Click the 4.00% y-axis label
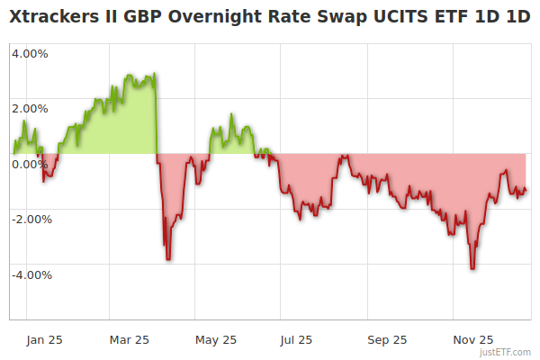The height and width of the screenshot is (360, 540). pyautogui.click(x=30, y=53)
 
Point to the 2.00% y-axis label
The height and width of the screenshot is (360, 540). pyautogui.click(x=30, y=109)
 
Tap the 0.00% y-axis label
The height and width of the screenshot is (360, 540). pyautogui.click(x=30, y=164)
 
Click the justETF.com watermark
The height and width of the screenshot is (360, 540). pyautogui.click(x=507, y=352)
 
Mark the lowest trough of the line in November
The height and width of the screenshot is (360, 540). pyautogui.click(x=472, y=268)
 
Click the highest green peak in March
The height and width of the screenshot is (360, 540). pyautogui.click(x=155, y=74)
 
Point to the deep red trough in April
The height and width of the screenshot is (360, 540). pyautogui.click(x=168, y=259)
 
